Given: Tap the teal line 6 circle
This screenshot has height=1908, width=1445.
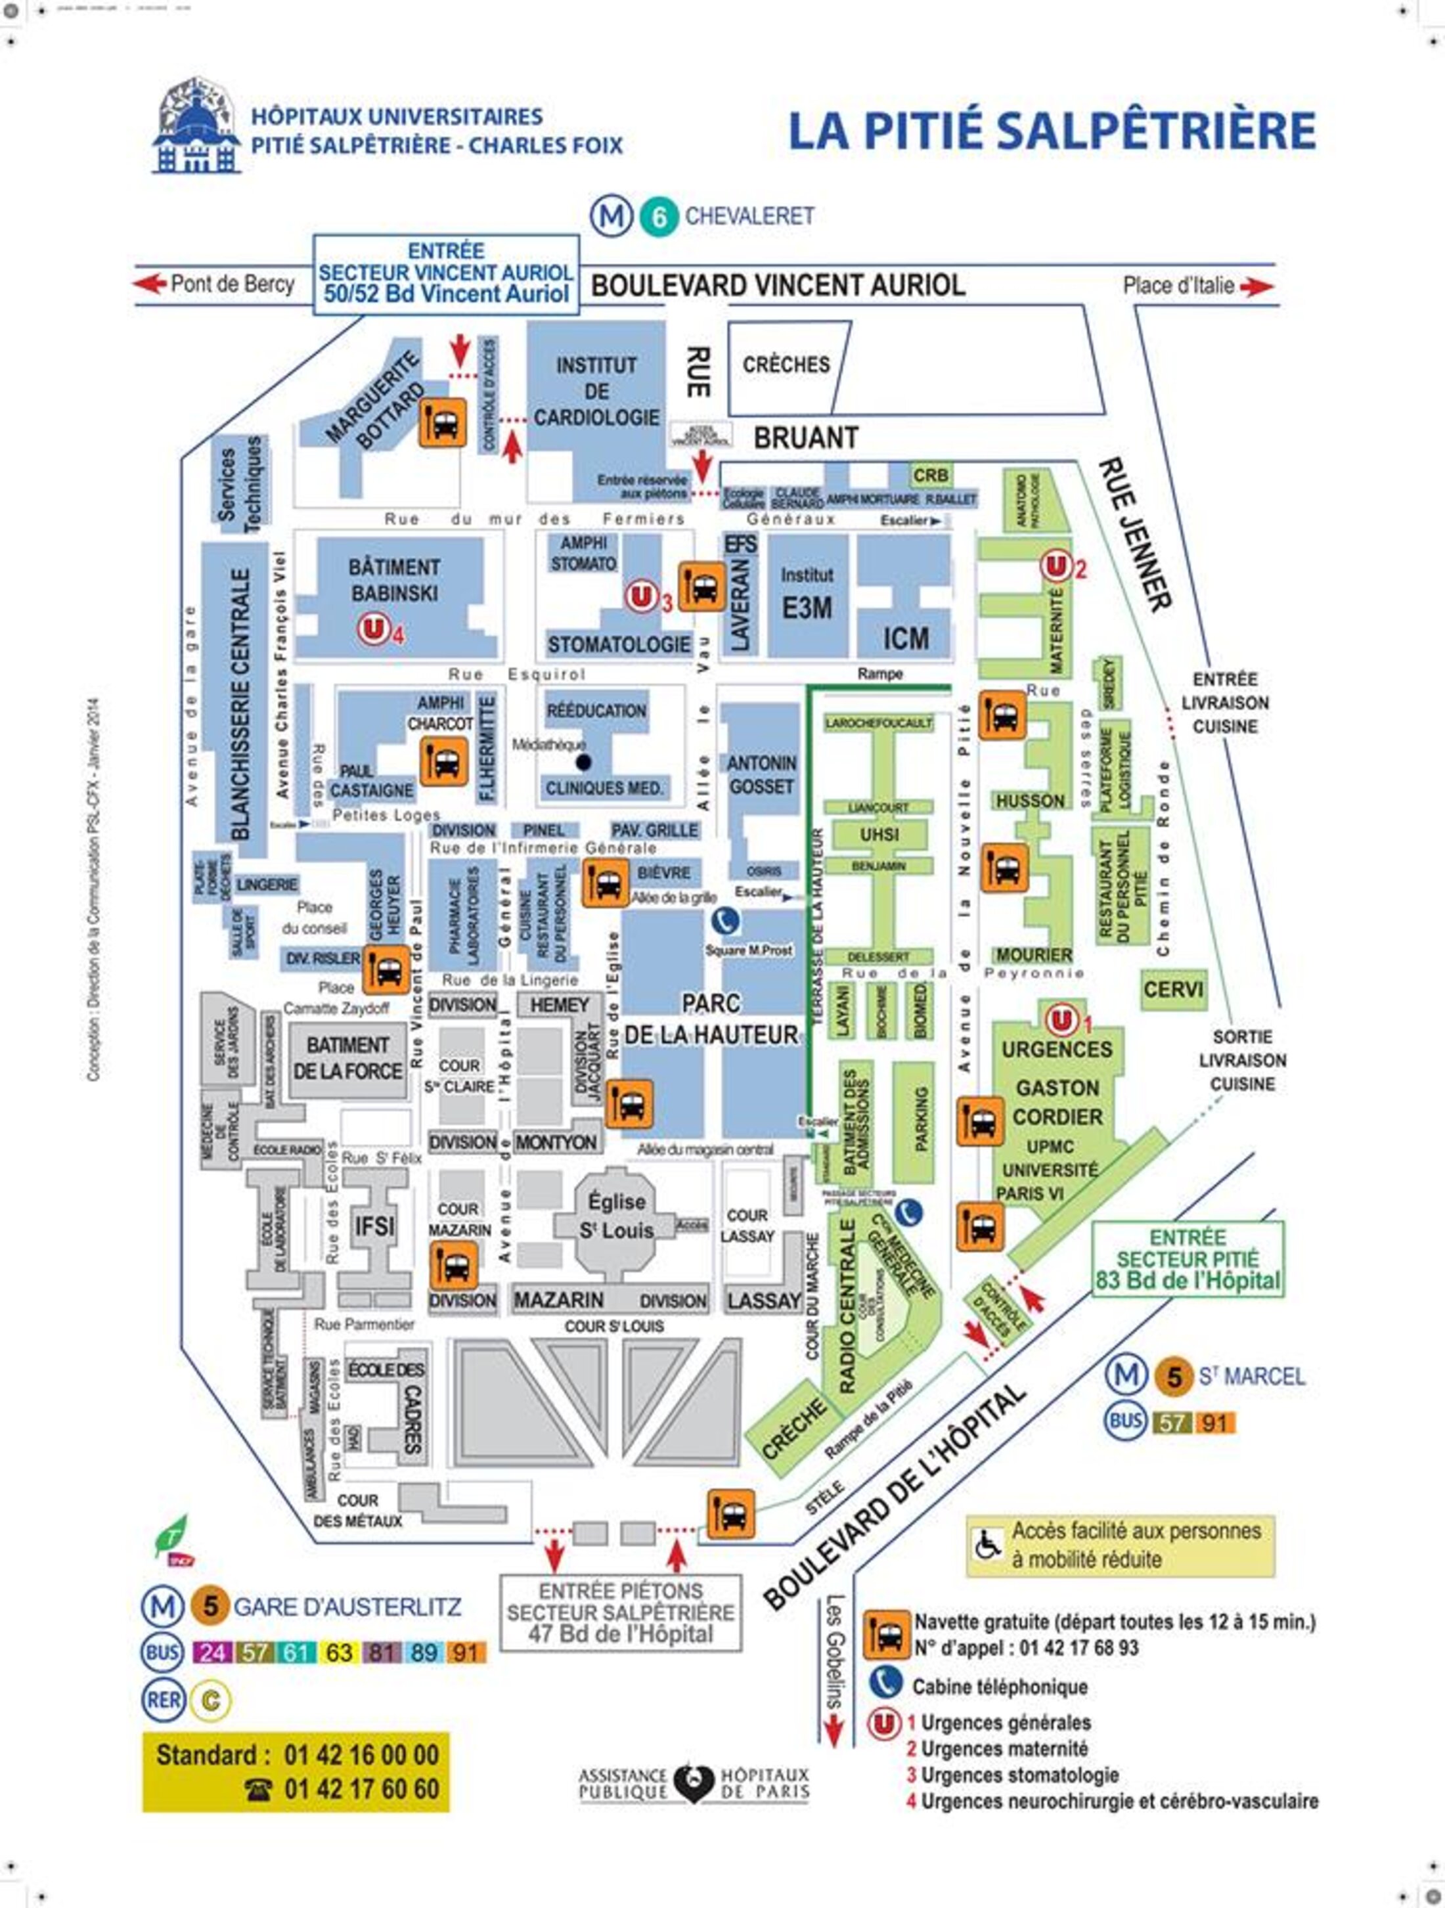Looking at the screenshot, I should coord(659,217).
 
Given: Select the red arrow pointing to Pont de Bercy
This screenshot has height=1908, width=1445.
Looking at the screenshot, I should coord(149,283).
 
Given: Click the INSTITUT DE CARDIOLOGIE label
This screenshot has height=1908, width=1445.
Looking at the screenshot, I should coord(596,391).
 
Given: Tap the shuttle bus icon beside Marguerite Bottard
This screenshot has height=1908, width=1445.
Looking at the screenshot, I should coord(443,423).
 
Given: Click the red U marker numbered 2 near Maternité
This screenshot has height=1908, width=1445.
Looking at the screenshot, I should coord(1055,567).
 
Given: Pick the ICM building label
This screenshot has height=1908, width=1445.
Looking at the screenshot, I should coord(906,638).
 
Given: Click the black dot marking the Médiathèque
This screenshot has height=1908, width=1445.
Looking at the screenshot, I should coord(584,763).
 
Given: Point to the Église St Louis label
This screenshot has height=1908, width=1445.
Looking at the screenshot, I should coord(616,1216).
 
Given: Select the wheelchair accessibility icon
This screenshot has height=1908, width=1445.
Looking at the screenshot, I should coord(988,1544).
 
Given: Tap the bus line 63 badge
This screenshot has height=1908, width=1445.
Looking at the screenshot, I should coord(339,1652).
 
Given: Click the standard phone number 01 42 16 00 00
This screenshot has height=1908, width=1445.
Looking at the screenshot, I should coord(361,1754).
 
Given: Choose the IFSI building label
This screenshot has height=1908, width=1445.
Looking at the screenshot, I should coord(374,1225).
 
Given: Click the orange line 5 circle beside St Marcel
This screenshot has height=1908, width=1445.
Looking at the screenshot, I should coord(1173,1377).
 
